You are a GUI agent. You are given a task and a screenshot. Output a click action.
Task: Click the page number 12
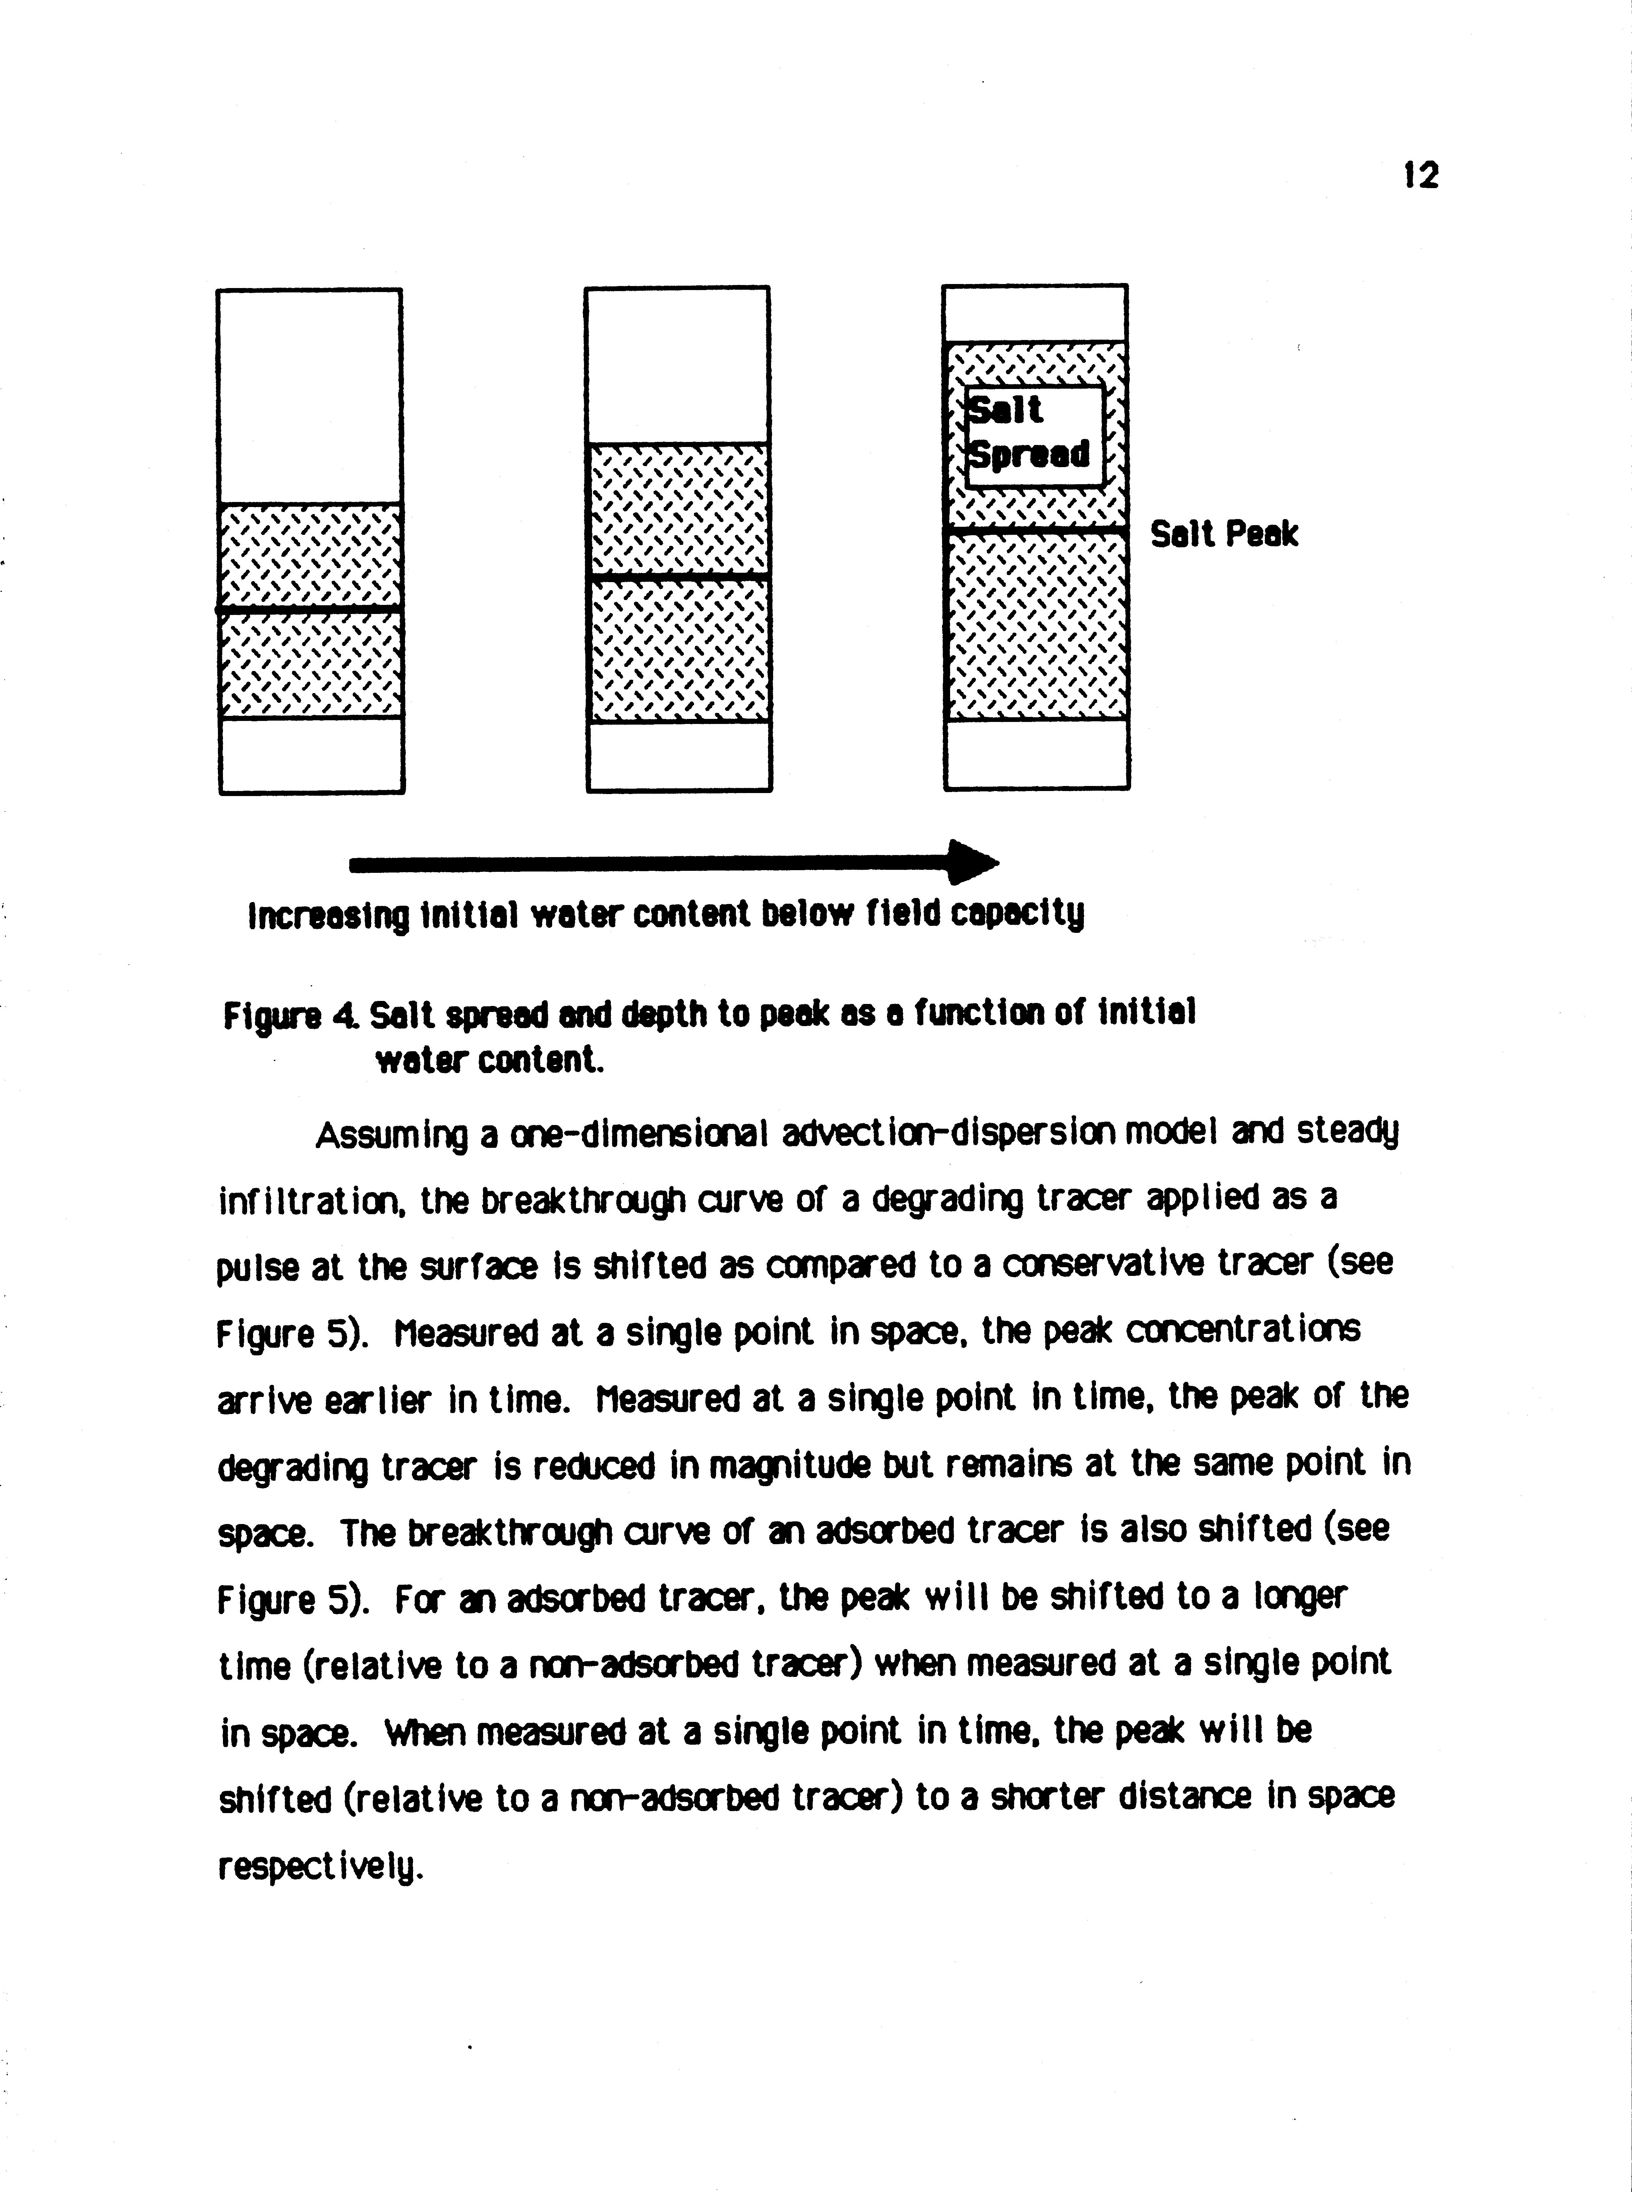[x=1420, y=176]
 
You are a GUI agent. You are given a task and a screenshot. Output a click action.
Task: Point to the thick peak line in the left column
[x=310, y=610]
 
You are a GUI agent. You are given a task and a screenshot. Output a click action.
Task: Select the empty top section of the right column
[x=1035, y=314]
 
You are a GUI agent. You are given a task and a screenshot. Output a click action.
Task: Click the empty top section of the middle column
[x=678, y=366]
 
